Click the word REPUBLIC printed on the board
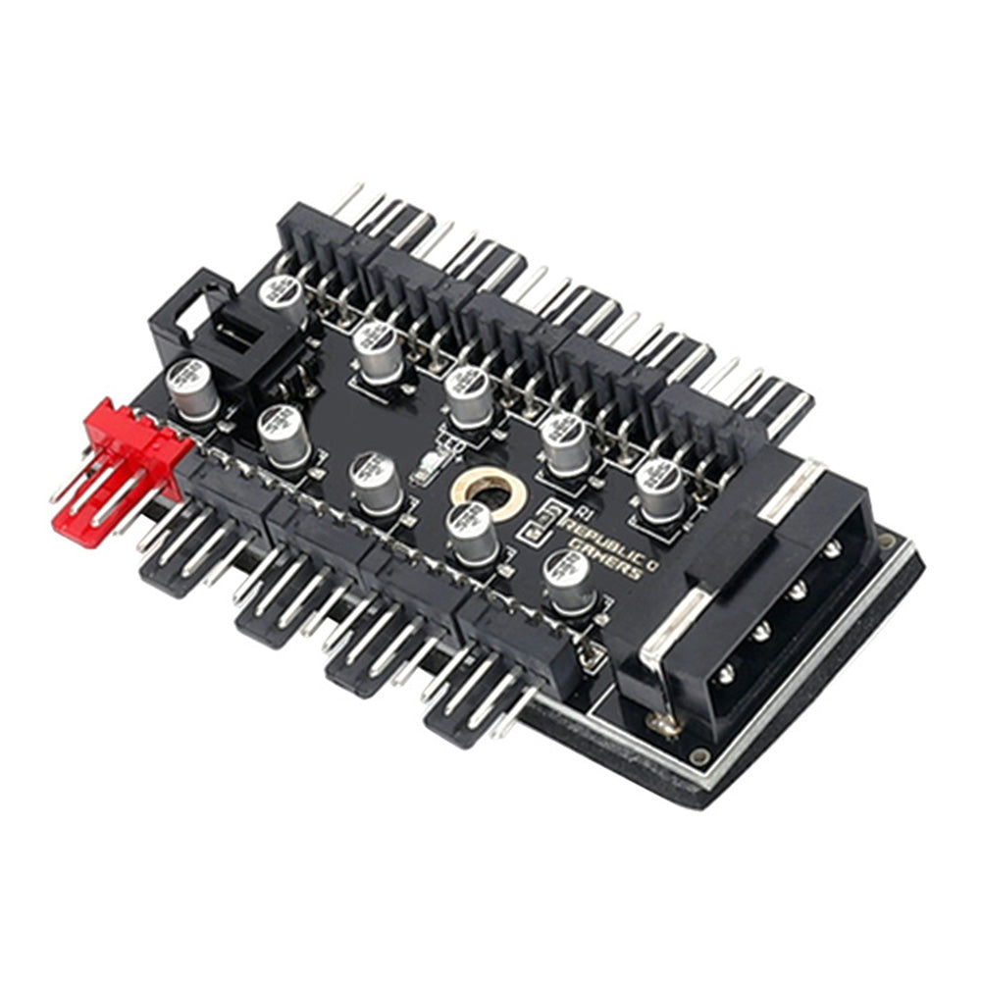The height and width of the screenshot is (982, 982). point(598,535)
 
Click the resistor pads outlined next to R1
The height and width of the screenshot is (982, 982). point(543,520)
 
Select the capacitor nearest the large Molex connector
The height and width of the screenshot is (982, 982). point(659,489)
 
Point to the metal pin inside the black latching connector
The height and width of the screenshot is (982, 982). point(235,334)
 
